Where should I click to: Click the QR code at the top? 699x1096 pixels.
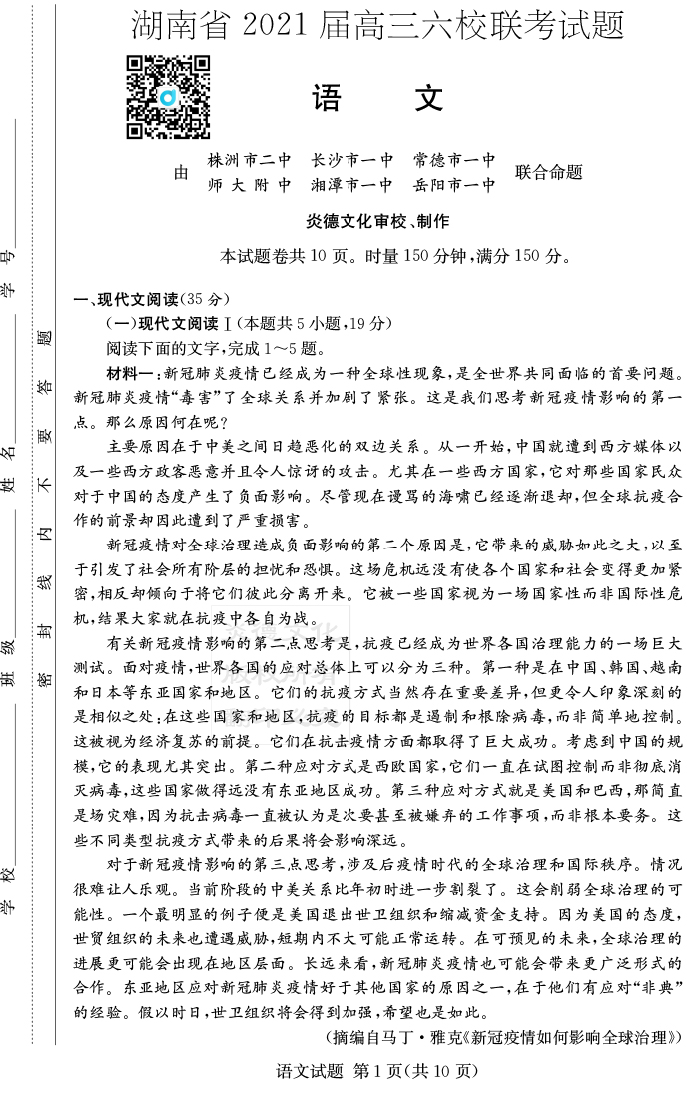point(168,97)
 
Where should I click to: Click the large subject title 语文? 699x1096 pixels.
point(378,99)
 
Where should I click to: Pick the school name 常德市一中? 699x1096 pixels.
point(454,159)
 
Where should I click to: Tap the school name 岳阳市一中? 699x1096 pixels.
point(454,185)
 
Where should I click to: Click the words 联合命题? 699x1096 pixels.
point(548,172)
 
